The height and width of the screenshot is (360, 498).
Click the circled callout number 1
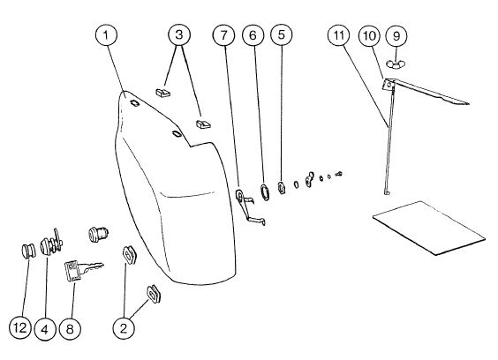click(x=106, y=34)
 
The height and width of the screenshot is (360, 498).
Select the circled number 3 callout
click(x=179, y=34)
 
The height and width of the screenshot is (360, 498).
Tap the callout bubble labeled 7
click(x=224, y=35)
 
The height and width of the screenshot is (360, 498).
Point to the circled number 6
click(x=253, y=35)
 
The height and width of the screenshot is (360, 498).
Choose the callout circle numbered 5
click(x=282, y=34)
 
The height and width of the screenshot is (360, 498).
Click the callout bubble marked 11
click(x=338, y=35)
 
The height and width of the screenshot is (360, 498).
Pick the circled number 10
click(x=369, y=35)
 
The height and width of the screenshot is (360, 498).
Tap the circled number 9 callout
click(x=396, y=36)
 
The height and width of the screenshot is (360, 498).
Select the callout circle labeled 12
click(x=20, y=327)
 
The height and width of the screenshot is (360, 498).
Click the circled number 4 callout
click(x=45, y=329)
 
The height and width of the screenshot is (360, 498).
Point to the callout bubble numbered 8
click(x=70, y=329)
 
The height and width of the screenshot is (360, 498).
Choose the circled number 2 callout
click(x=124, y=328)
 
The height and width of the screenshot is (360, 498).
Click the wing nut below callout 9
click(x=395, y=64)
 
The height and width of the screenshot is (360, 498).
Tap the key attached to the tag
click(x=91, y=267)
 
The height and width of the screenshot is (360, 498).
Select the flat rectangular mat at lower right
click(x=429, y=228)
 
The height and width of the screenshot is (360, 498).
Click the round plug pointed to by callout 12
click(x=28, y=251)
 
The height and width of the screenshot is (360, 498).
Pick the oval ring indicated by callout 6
click(x=264, y=191)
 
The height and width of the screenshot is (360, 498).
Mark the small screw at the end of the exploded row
click(x=338, y=174)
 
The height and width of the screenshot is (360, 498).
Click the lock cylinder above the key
click(x=98, y=235)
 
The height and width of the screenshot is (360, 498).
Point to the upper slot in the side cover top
click(x=135, y=103)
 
